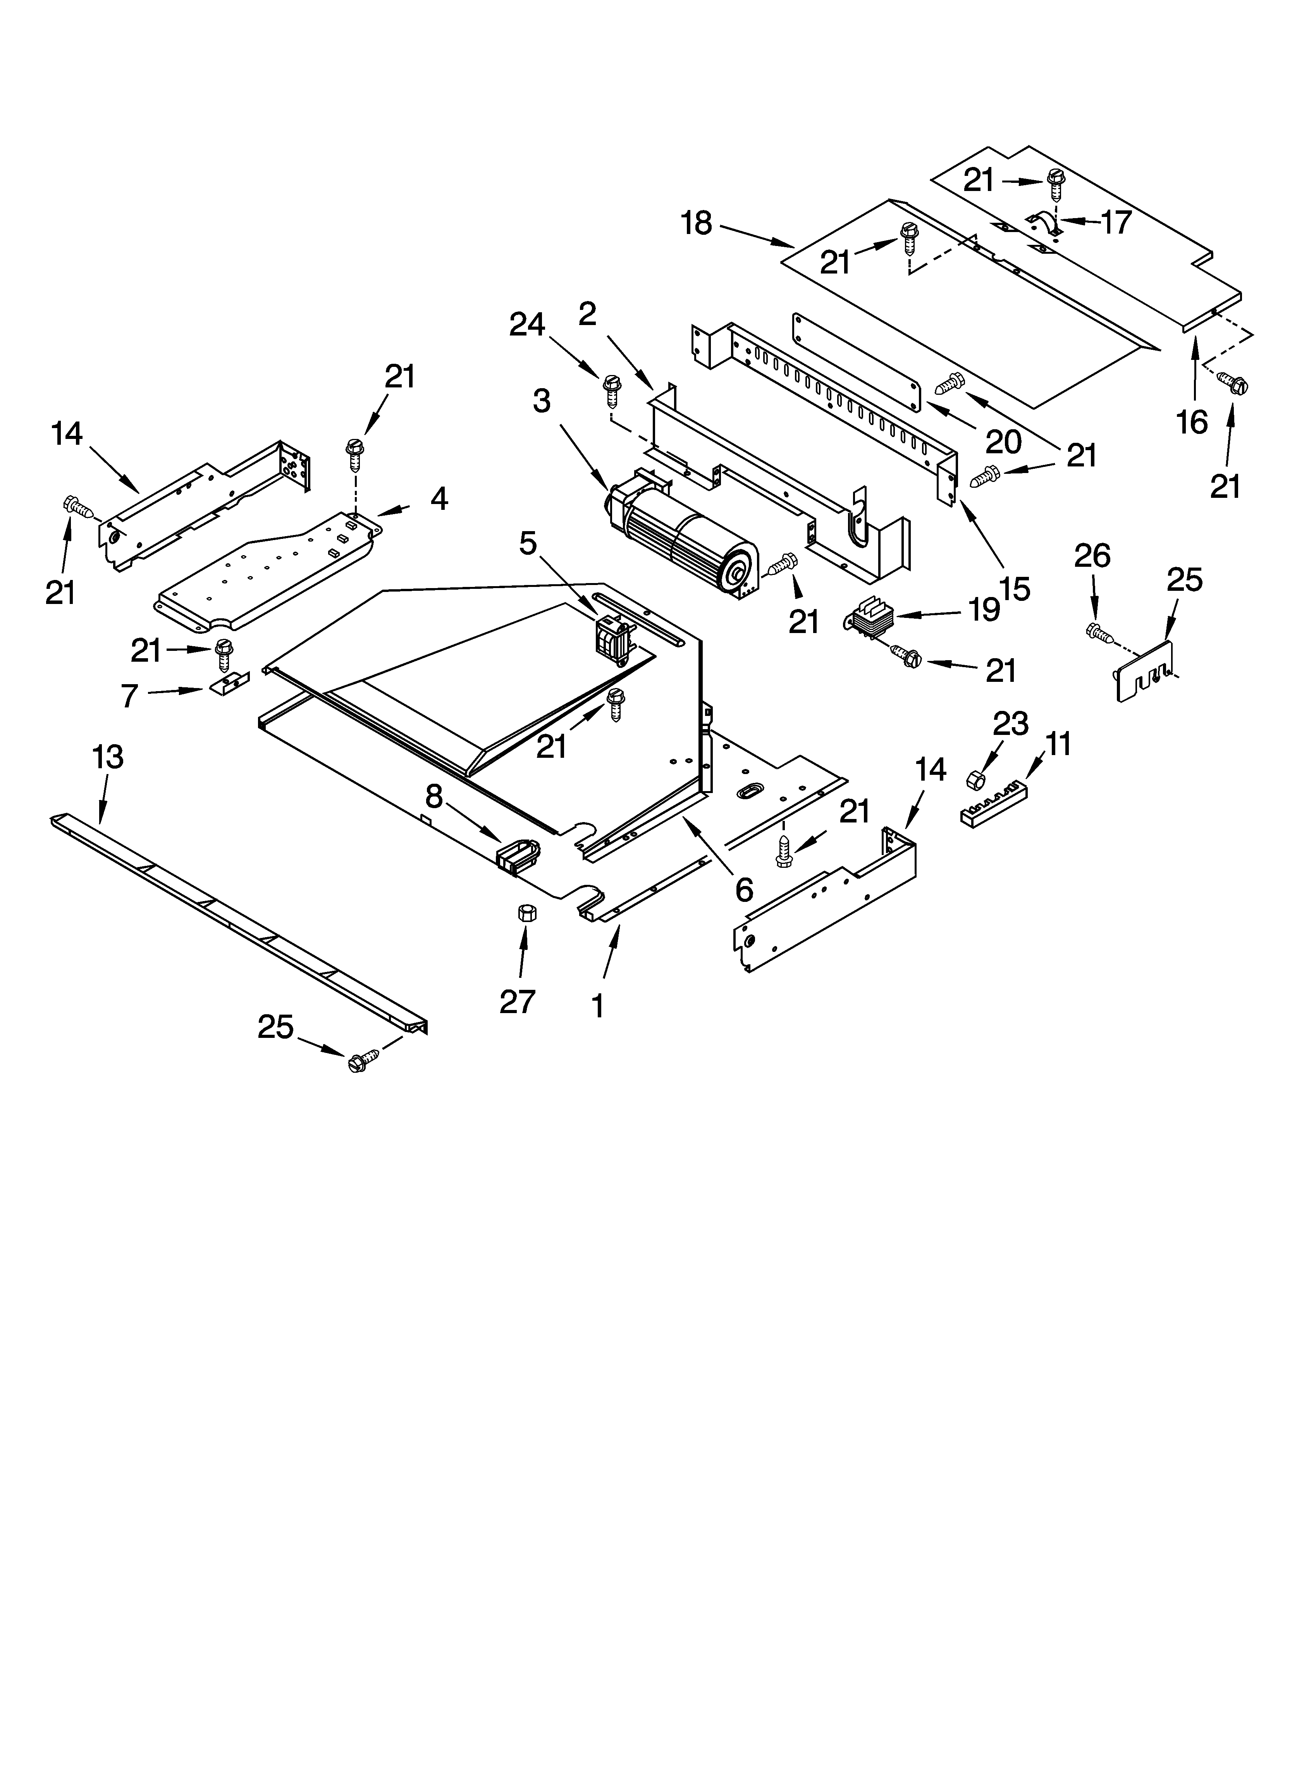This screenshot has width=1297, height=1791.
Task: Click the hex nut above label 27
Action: (525, 914)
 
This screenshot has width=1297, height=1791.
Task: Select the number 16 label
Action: (1192, 423)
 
